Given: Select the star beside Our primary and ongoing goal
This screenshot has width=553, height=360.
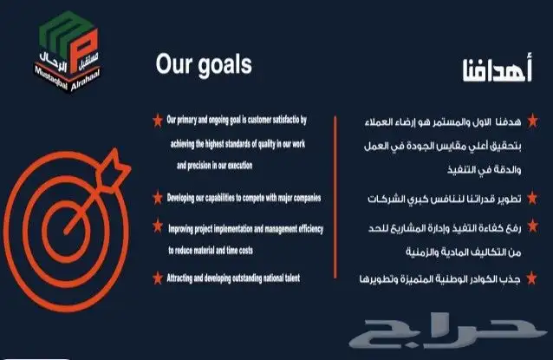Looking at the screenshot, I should coord(156,118).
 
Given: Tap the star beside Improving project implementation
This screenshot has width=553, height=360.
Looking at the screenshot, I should coord(156,225).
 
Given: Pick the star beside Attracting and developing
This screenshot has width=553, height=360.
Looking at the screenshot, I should coord(156,277).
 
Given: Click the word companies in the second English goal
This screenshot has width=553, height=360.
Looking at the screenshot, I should coord(304,199).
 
